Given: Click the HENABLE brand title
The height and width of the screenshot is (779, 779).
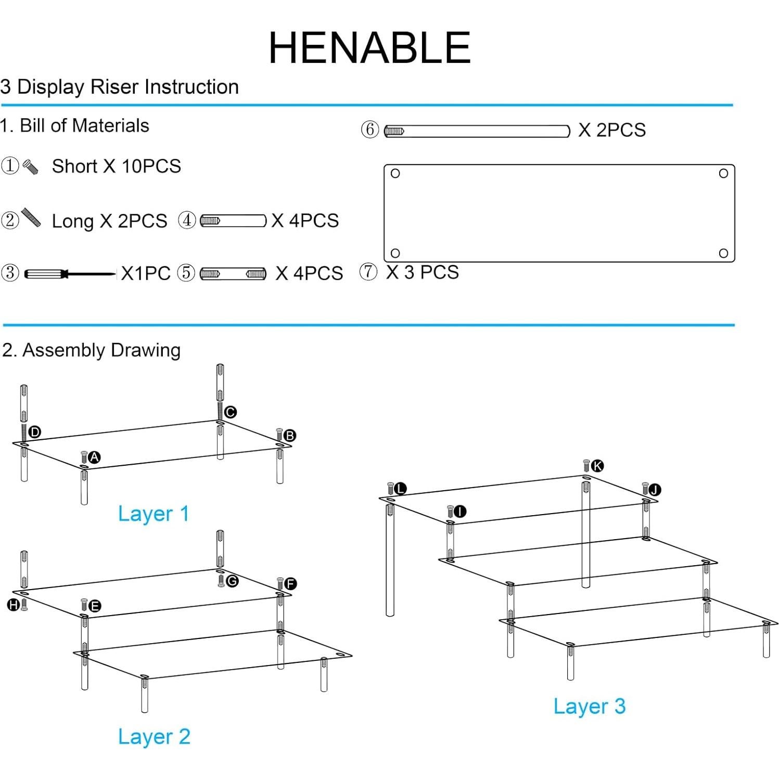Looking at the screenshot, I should pyautogui.click(x=369, y=48).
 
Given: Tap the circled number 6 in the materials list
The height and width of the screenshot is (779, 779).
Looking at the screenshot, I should pyautogui.click(x=369, y=130).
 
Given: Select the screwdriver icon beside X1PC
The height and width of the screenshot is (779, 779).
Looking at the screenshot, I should pyautogui.click(x=70, y=274).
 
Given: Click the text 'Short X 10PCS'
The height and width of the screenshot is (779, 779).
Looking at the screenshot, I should pyautogui.click(x=116, y=167).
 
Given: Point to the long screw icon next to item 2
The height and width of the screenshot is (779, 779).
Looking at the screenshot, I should pyautogui.click(x=31, y=218).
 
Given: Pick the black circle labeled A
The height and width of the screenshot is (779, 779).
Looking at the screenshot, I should pyautogui.click(x=94, y=457).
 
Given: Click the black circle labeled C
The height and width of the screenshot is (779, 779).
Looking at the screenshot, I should pyautogui.click(x=231, y=412).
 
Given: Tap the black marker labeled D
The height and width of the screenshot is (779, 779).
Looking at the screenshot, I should pyautogui.click(x=35, y=432).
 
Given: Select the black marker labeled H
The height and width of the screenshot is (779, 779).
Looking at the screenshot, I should pyautogui.click(x=14, y=605).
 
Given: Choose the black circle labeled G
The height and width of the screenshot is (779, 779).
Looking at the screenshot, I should pyautogui.click(x=232, y=581).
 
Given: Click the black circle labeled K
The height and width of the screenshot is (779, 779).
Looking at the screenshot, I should pyautogui.click(x=597, y=466).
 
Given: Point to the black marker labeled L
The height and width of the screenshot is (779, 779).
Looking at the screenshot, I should pyautogui.click(x=400, y=489).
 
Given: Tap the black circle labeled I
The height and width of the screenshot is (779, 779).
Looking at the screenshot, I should pyautogui.click(x=459, y=512).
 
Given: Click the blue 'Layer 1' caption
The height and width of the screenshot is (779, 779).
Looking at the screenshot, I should pyautogui.click(x=153, y=514).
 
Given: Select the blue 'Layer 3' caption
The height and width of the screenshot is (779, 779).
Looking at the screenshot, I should pyautogui.click(x=589, y=706).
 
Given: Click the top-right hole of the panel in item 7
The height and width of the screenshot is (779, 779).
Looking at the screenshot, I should pyautogui.click(x=723, y=173).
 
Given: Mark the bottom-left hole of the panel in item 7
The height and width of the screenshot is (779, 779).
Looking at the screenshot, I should pyautogui.click(x=395, y=253).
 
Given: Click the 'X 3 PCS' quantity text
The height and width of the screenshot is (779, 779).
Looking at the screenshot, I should pyautogui.click(x=422, y=272).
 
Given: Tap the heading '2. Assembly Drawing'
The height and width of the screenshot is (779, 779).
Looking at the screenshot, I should pyautogui.click(x=91, y=350).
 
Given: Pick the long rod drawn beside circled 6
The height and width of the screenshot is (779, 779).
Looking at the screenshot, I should pyautogui.click(x=477, y=131).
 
